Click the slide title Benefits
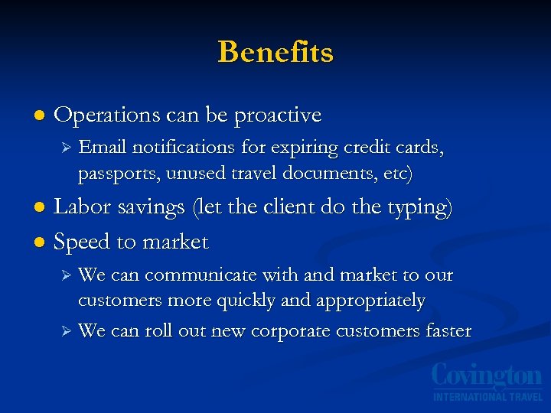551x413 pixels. click(x=275, y=52)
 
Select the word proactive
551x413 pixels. click(x=278, y=116)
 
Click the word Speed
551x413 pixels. click(x=80, y=242)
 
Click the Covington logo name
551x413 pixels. click(x=487, y=377)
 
